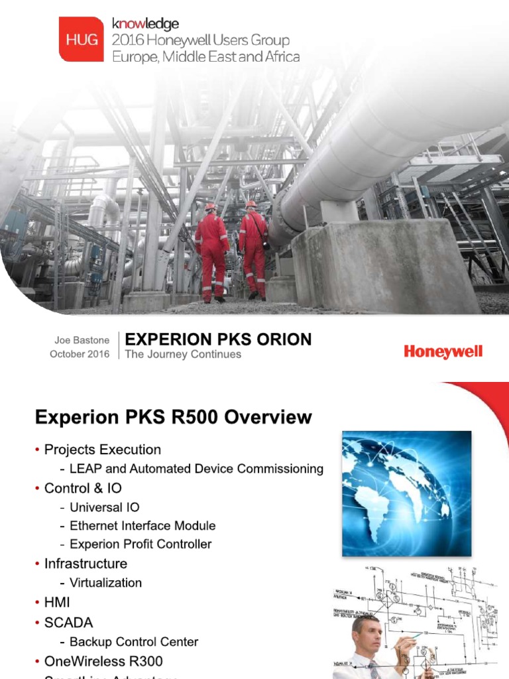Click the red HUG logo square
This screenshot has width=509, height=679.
(x=81, y=39)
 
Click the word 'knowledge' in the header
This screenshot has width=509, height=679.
(x=145, y=24)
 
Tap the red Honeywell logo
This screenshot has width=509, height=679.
(x=443, y=351)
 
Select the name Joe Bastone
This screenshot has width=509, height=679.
(x=82, y=339)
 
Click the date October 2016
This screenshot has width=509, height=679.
(x=80, y=354)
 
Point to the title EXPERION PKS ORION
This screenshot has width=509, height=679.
(x=218, y=339)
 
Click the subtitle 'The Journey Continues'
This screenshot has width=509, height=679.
(x=183, y=354)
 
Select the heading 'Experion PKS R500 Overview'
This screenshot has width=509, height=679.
(x=173, y=417)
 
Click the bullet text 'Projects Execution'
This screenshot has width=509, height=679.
(x=102, y=450)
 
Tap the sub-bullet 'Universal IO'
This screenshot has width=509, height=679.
(x=105, y=507)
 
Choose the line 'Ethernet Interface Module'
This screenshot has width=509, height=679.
(x=142, y=525)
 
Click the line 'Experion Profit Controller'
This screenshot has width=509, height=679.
(x=141, y=544)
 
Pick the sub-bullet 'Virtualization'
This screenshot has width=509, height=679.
(x=105, y=582)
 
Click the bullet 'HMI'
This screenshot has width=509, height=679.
(x=56, y=602)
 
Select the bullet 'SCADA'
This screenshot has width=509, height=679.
(x=68, y=623)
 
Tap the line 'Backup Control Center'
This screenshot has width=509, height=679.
(x=134, y=641)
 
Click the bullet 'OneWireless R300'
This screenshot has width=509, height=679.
(x=103, y=661)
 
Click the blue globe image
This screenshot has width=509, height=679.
(x=406, y=493)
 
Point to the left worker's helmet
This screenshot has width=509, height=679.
(x=211, y=207)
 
